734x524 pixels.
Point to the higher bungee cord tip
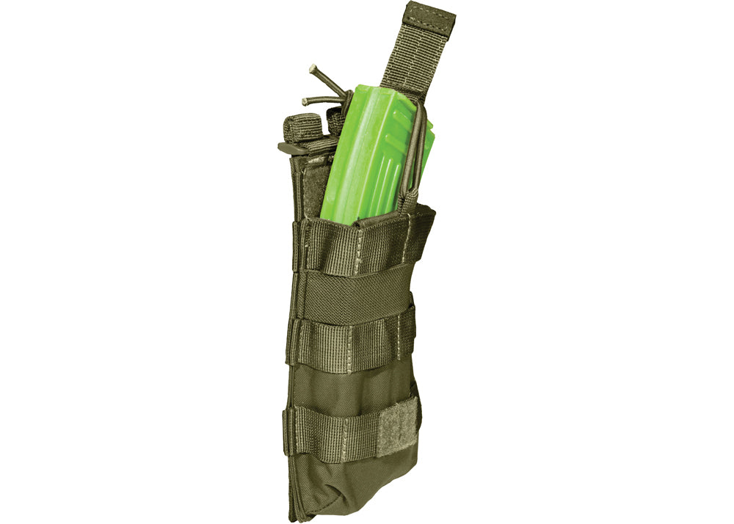pyautogui.click(x=313, y=68)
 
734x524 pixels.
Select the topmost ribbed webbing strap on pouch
pyautogui.click(x=360, y=242)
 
